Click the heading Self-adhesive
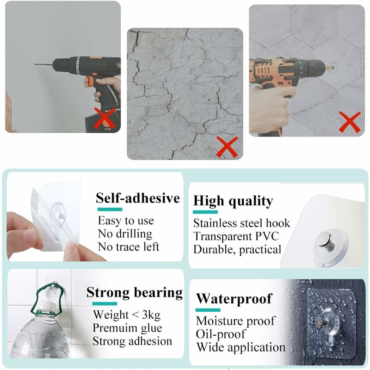click(138, 198)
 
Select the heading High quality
click(233, 201)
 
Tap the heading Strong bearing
click(135, 293)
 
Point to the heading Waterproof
click(234, 298)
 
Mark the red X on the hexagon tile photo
click(350, 122)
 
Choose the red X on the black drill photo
click(105, 118)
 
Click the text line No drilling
click(125, 234)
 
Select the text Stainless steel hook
click(241, 223)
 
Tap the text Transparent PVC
click(236, 236)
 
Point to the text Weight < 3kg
click(127, 315)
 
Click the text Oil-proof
click(221, 333)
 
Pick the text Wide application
click(240, 347)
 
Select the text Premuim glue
click(127, 328)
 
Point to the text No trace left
click(129, 247)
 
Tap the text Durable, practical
click(237, 249)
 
